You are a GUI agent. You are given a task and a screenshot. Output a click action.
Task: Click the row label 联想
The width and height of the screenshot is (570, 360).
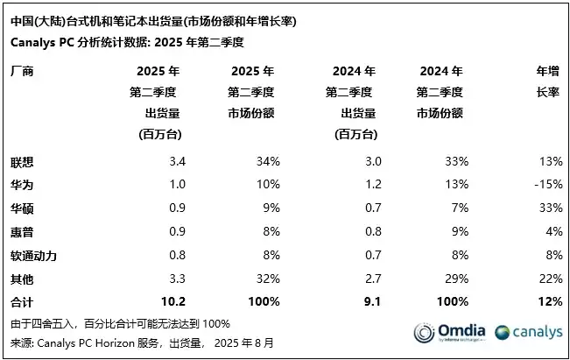(x=23, y=162)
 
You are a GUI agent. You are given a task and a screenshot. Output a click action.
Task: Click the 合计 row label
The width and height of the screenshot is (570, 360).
(x=23, y=302)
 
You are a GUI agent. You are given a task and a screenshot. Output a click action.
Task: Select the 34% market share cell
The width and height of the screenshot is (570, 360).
(x=268, y=162)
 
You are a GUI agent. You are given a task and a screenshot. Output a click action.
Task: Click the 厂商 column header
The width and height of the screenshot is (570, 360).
(x=23, y=71)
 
